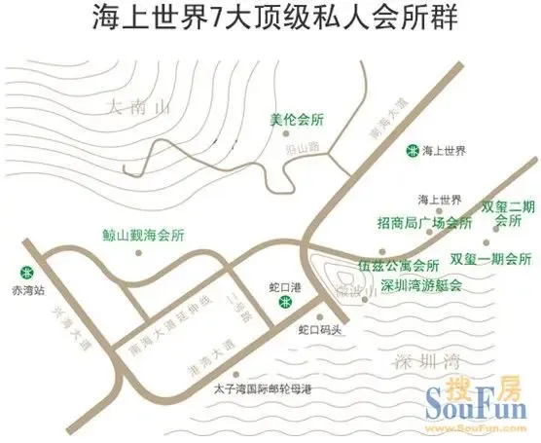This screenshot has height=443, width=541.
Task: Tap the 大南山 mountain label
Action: pos(142,106)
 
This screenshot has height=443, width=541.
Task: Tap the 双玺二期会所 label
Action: pos(508,214)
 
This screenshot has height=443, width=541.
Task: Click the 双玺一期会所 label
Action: pos(490,259)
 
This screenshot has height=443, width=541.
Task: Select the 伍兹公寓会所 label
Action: pos(398,264)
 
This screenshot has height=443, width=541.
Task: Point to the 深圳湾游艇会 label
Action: pos(421,285)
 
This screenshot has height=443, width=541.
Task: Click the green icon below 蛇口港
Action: pos(284,303)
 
